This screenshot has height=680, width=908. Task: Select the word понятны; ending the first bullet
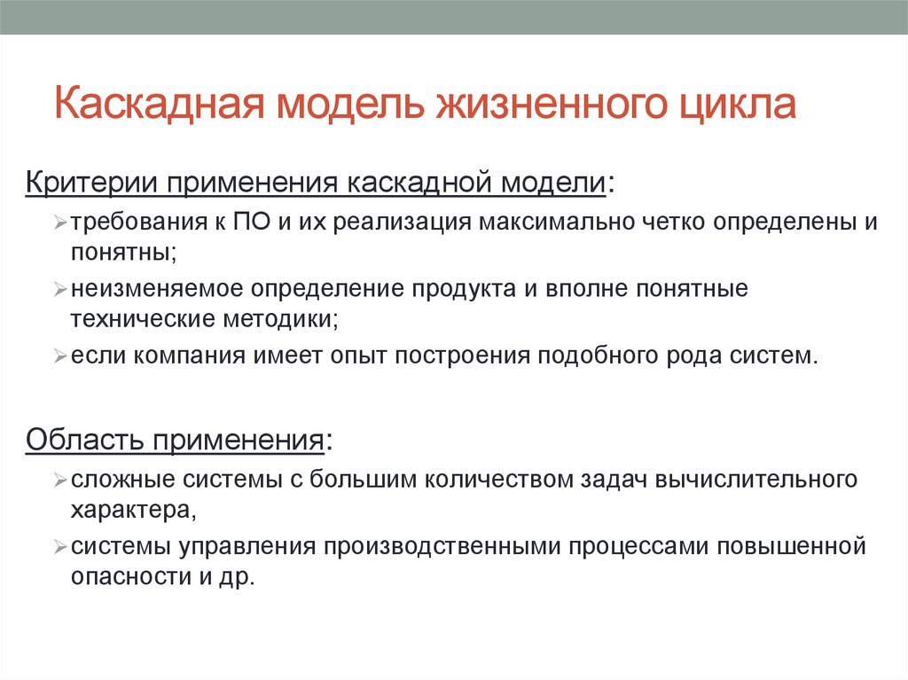(123, 253)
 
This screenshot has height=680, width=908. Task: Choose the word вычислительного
(756, 480)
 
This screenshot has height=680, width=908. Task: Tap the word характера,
(133, 509)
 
